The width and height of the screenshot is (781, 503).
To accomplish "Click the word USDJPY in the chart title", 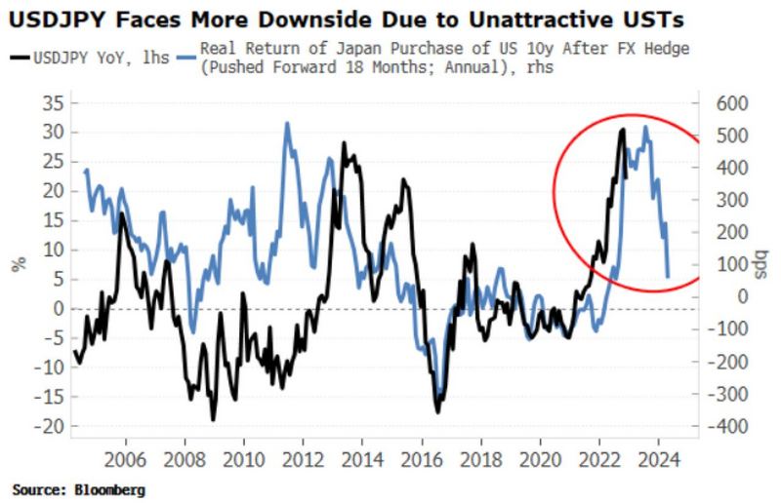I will [x=51, y=17].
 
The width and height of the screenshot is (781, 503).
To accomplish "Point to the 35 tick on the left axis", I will [x=49, y=103].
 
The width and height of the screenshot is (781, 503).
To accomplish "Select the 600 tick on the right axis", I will [x=730, y=103].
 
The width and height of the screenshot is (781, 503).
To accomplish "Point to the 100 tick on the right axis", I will [x=730, y=265].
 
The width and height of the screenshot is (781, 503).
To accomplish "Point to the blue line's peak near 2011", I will [x=287, y=124].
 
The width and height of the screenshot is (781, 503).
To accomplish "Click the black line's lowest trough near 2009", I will [x=213, y=419].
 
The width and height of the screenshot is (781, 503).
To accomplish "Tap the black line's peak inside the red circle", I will [x=623, y=130].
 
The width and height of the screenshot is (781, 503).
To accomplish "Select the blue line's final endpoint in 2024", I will [x=668, y=277].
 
